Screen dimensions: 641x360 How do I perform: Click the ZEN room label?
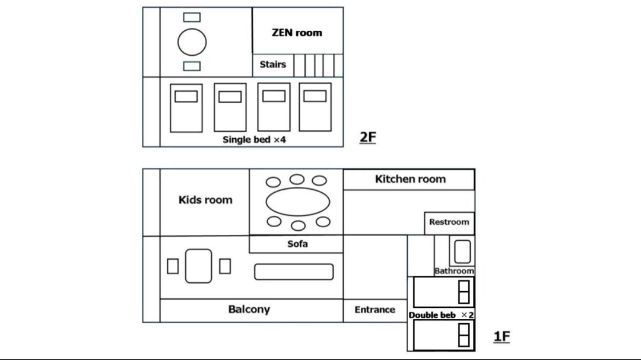pos(297,33)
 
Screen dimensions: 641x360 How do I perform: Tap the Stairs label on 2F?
pos(272,65)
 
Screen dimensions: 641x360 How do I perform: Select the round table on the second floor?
pos(192,42)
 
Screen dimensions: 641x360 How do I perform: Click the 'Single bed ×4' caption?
pos(254,140)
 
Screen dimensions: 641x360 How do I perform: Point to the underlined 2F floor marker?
pos(367,138)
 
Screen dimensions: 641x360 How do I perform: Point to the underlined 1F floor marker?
pos(502,337)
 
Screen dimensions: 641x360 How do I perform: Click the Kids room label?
pos(205,200)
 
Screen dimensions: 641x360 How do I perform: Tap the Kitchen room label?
pos(410,179)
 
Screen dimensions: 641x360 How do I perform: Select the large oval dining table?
pos(297,202)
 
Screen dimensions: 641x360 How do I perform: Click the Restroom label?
pos(449,222)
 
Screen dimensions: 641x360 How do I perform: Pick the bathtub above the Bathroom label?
pos(462,251)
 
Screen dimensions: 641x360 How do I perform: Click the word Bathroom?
pos(454,271)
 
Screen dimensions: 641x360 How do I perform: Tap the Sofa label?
pos(297,244)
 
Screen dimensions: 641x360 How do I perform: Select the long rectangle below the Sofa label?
pos(294,272)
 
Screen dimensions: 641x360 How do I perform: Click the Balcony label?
pos(249,310)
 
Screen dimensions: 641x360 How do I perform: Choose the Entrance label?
pos(375,310)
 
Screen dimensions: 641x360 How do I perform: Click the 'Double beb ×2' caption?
pos(441,315)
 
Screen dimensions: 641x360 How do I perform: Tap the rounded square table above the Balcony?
pos(199,266)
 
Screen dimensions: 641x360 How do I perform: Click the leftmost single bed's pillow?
pos(186,97)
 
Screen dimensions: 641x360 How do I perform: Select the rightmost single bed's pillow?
pos(315,96)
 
